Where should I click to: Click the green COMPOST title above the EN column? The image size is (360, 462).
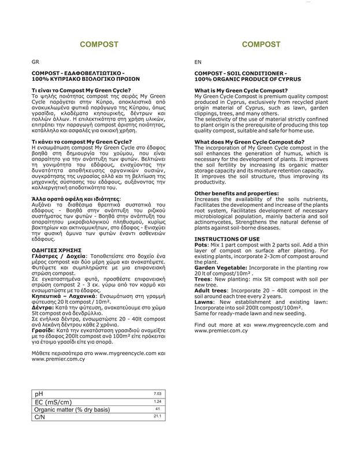[x=261, y=44]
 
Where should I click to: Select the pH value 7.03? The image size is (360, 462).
[x=157, y=394]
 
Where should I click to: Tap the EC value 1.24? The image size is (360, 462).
[x=157, y=401]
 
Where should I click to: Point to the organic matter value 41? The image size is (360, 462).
[x=157, y=409]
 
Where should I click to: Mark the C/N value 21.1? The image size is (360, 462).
[x=157, y=416]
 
